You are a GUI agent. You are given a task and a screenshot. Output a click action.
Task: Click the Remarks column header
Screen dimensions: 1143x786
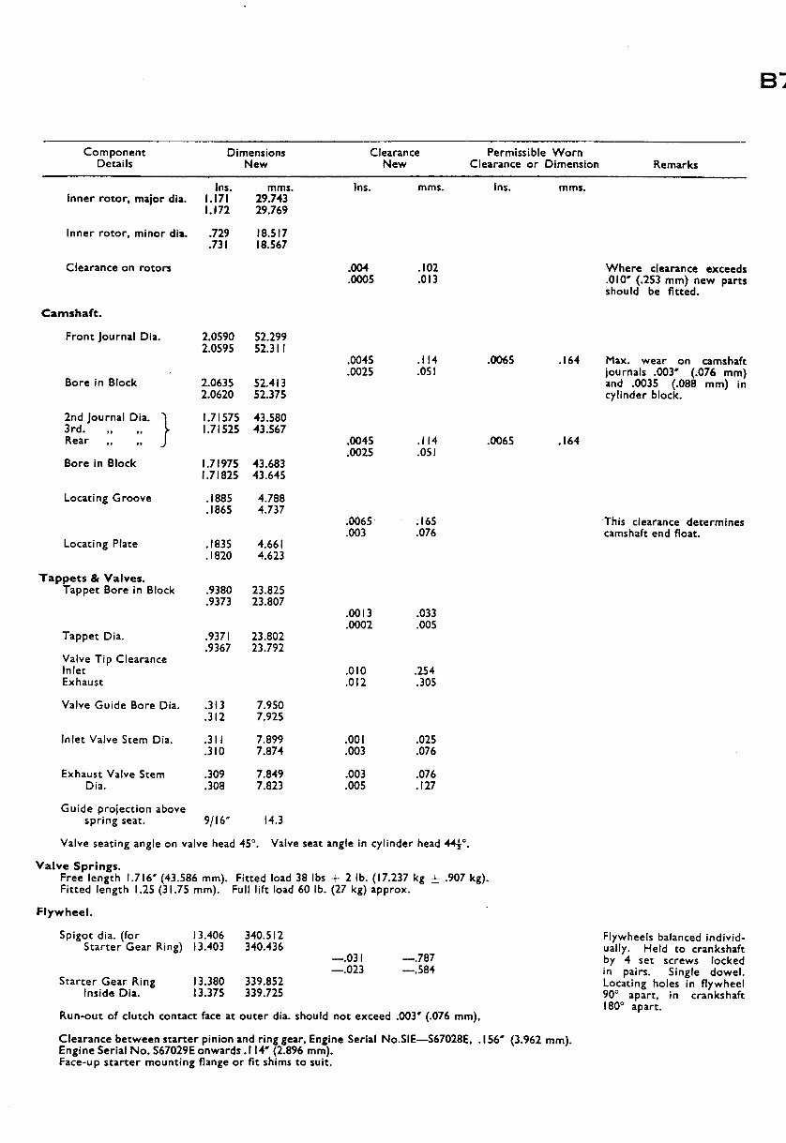(x=675, y=164)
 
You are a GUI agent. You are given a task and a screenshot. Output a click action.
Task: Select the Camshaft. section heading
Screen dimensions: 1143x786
(x=72, y=313)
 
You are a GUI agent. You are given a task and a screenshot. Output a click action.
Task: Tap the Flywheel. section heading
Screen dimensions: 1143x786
(x=64, y=910)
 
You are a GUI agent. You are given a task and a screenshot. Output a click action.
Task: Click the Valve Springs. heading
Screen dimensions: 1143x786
(x=78, y=866)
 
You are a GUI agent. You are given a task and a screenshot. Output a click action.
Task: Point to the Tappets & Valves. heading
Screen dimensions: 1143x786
(x=92, y=579)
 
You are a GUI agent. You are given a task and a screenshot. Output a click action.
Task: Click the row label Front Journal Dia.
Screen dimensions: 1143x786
(x=113, y=337)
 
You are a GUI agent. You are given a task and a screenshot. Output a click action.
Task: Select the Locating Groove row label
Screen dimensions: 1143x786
(x=107, y=498)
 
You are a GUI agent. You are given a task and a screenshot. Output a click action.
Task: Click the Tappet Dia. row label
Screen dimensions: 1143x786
(x=93, y=636)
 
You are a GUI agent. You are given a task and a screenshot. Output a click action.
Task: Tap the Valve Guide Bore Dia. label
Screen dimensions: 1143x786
(x=120, y=705)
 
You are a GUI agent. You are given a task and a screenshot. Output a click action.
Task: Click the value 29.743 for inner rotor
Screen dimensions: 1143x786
(x=272, y=199)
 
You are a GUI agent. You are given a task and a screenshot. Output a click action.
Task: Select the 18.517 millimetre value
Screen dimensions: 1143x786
(x=270, y=233)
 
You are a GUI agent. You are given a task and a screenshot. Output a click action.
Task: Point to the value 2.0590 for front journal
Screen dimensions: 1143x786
(x=218, y=337)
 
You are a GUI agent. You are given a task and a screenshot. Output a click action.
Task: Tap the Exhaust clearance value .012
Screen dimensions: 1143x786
(x=355, y=682)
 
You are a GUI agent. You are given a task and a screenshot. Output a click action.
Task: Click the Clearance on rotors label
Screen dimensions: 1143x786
(x=118, y=267)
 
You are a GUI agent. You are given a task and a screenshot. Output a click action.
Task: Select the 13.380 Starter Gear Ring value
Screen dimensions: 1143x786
(x=207, y=981)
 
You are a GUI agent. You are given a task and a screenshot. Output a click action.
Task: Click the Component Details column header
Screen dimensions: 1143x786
(x=114, y=158)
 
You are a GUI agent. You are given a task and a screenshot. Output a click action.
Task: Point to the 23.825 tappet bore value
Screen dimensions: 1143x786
(x=268, y=591)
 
